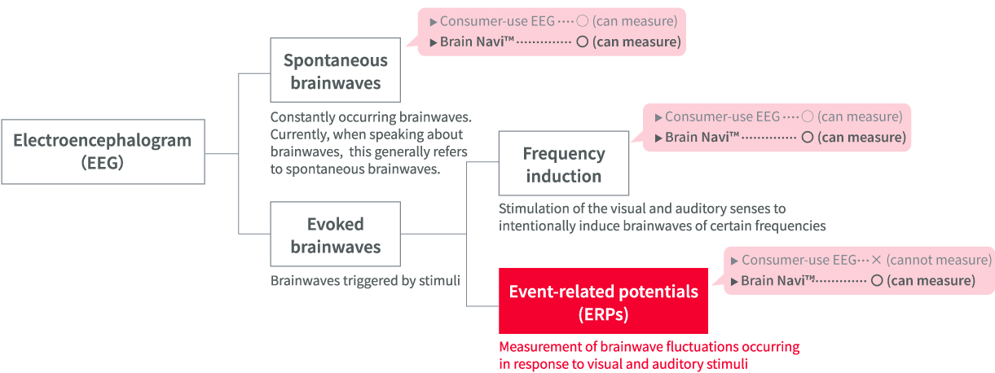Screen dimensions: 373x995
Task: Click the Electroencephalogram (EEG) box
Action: click(x=103, y=151)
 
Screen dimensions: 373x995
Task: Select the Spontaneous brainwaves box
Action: click(x=335, y=71)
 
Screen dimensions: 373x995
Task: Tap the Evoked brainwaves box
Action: click(x=335, y=235)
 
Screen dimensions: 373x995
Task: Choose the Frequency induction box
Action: click(x=563, y=165)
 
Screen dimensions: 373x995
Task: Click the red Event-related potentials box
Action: click(x=603, y=301)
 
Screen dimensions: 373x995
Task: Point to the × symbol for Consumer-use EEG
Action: click(x=876, y=261)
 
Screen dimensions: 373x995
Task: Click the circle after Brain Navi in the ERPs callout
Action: click(x=877, y=281)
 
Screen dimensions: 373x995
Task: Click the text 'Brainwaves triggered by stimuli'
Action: click(x=365, y=281)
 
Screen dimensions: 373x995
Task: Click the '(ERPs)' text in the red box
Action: click(x=603, y=313)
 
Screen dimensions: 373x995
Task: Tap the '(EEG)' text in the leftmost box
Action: click(x=103, y=163)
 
